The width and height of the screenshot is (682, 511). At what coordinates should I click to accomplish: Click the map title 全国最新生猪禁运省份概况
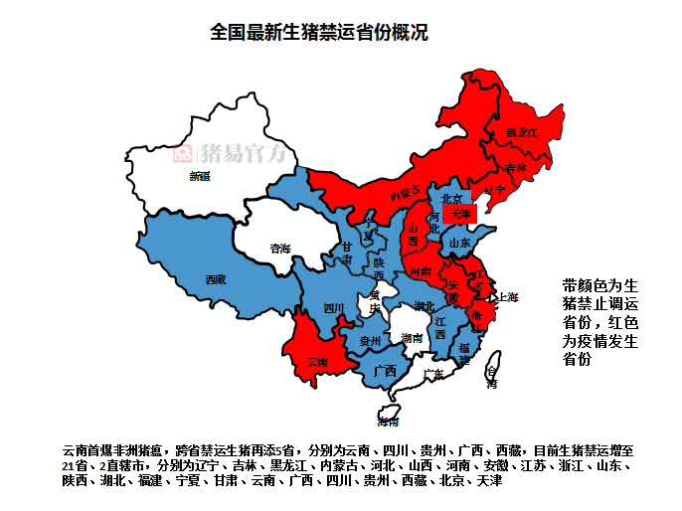click(319, 32)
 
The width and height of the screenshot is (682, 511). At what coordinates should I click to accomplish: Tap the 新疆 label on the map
click(199, 176)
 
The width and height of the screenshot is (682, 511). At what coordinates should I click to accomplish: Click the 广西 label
click(385, 371)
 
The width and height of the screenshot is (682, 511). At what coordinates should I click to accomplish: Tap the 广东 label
click(433, 374)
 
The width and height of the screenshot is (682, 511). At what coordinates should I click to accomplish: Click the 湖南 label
click(412, 338)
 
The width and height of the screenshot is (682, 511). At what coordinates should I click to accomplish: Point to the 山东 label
click(459, 242)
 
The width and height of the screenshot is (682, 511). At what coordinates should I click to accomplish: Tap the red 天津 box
click(459, 213)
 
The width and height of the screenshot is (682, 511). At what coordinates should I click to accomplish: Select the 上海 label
click(508, 296)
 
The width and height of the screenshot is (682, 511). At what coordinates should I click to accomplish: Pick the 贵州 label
click(370, 340)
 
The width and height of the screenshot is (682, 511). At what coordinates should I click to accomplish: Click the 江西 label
click(439, 328)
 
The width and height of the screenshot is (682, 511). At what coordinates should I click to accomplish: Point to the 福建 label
click(464, 353)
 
